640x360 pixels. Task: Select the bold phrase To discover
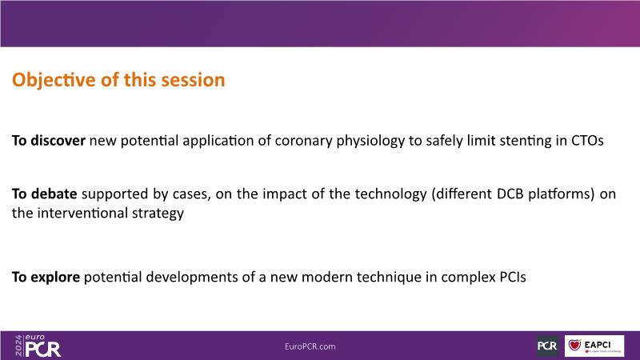[49, 141]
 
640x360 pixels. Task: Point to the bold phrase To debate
[45, 194]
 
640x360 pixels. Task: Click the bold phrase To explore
[46, 277]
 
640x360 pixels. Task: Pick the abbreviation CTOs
[587, 141]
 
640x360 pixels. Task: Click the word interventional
[82, 213]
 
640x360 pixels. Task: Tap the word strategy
[158, 214]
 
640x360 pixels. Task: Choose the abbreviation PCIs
[513, 277]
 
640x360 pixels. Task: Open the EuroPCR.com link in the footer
[310, 346]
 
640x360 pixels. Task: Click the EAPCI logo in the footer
[594, 346]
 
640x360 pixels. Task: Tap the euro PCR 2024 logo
[38, 346]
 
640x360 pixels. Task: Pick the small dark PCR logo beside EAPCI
[547, 346]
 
